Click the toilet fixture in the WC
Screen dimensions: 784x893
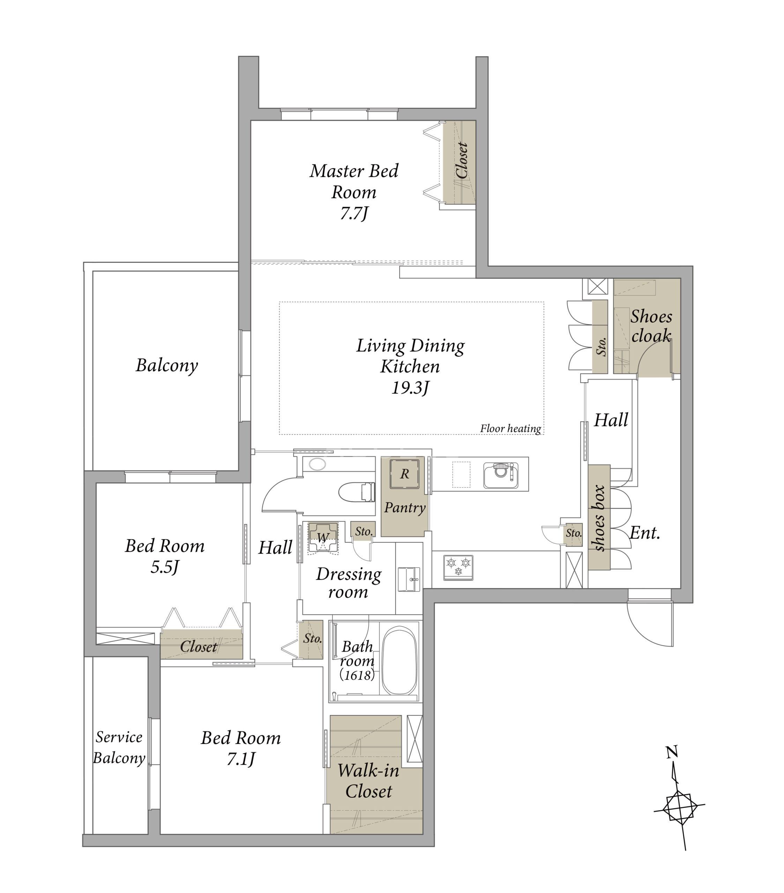(357, 492)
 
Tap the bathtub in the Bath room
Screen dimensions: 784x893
(400, 661)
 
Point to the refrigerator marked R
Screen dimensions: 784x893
(405, 474)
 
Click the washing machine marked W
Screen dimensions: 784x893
(322, 538)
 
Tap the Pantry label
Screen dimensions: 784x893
(405, 508)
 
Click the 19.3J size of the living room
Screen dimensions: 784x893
(410, 388)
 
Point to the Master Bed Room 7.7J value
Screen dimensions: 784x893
(354, 213)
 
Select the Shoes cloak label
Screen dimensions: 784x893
(651, 326)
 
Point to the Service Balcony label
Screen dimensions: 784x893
(119, 748)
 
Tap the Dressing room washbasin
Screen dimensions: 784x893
(409, 579)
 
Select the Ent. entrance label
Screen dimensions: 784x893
(644, 533)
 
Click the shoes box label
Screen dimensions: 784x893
(599, 518)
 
